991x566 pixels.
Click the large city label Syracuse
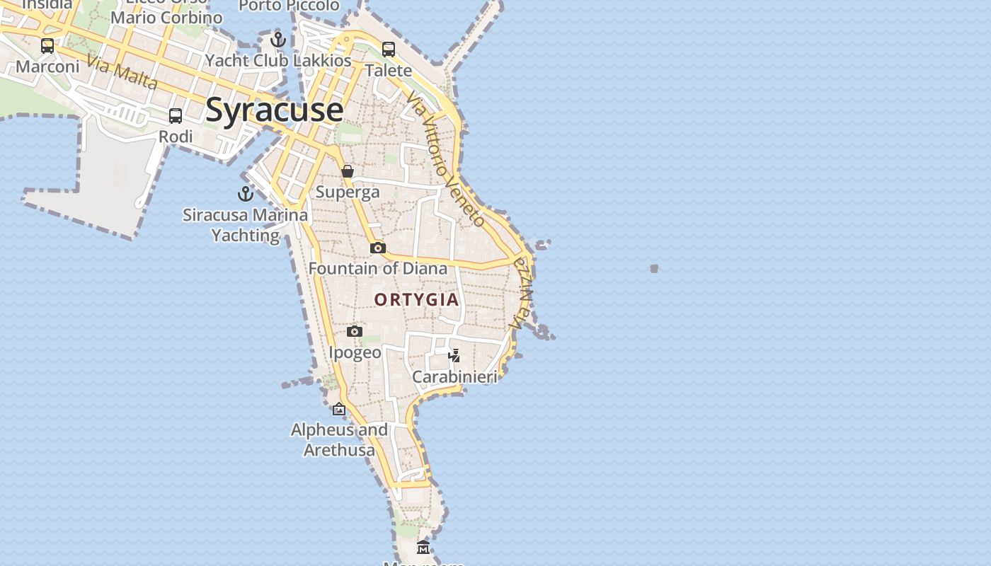click(275, 110)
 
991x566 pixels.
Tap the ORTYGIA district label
click(416, 299)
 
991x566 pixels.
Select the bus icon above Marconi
click(47, 46)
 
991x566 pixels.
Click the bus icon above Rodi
click(176, 115)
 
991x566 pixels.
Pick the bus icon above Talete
click(389, 49)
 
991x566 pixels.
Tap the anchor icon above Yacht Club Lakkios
click(278, 40)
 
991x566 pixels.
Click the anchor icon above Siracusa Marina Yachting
click(246, 193)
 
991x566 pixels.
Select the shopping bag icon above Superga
click(348, 171)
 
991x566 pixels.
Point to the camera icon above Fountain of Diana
click(378, 248)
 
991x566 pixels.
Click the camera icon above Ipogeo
click(355, 331)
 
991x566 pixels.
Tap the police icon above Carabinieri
click(454, 355)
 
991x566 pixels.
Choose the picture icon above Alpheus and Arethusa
click(339, 409)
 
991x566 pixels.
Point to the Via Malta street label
click(122, 73)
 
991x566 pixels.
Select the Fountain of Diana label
click(378, 268)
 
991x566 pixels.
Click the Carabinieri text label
click(454, 376)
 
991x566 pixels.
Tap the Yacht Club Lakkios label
click(278, 61)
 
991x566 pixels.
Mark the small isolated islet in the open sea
click(654, 269)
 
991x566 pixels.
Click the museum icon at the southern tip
click(423, 547)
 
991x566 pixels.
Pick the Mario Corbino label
click(166, 17)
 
